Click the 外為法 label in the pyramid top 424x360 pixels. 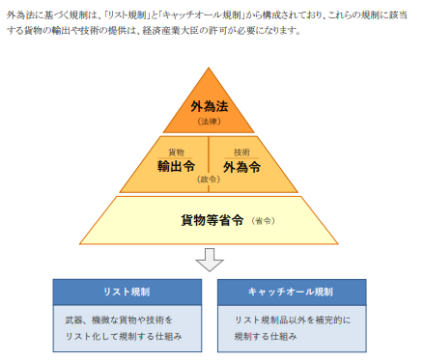[x=209, y=106]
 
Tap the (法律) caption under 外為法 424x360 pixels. [x=209, y=122]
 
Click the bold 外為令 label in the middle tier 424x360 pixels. [x=241, y=166]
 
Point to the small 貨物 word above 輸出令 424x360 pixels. [x=176, y=152]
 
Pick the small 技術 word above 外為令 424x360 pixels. [x=241, y=152]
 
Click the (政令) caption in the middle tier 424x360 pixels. [x=209, y=180]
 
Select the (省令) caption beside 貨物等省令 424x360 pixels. [x=262, y=221]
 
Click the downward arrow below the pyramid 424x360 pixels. [x=209, y=259]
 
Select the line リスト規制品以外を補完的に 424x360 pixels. [x=291, y=319]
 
